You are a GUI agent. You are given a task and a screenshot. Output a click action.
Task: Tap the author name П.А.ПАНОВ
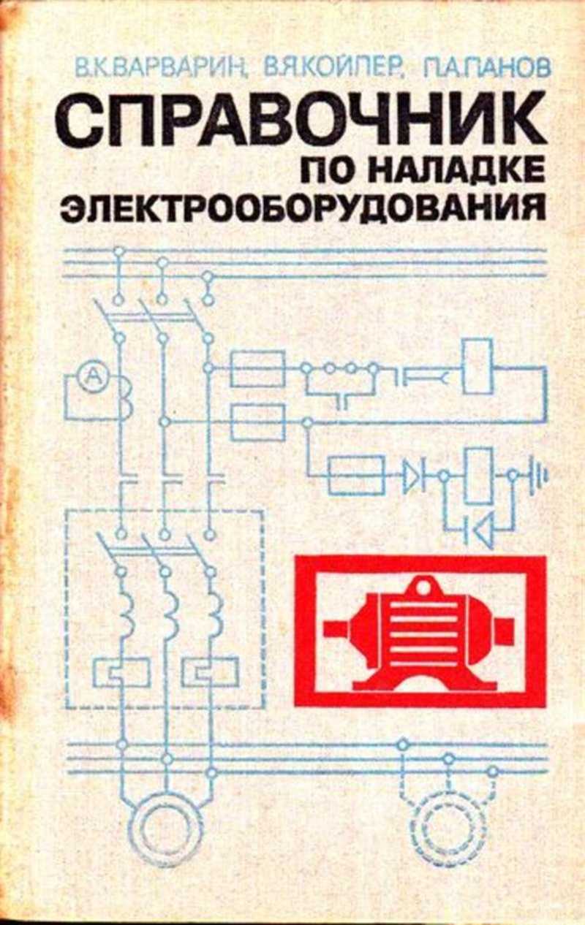point(486,67)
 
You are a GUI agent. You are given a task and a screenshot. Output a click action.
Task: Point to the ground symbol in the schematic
point(537,476)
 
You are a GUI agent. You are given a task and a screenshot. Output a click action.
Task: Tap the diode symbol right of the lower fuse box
point(412,476)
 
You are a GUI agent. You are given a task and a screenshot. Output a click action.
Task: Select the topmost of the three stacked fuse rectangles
point(258,369)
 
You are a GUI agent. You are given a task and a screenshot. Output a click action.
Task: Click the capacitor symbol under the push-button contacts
point(341,401)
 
